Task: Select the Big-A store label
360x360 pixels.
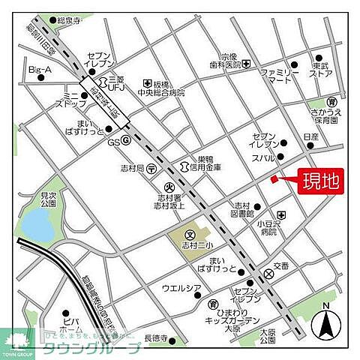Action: [39, 70]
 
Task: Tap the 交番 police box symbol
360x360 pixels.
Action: [269, 274]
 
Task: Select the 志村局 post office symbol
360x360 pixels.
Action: [151, 169]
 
